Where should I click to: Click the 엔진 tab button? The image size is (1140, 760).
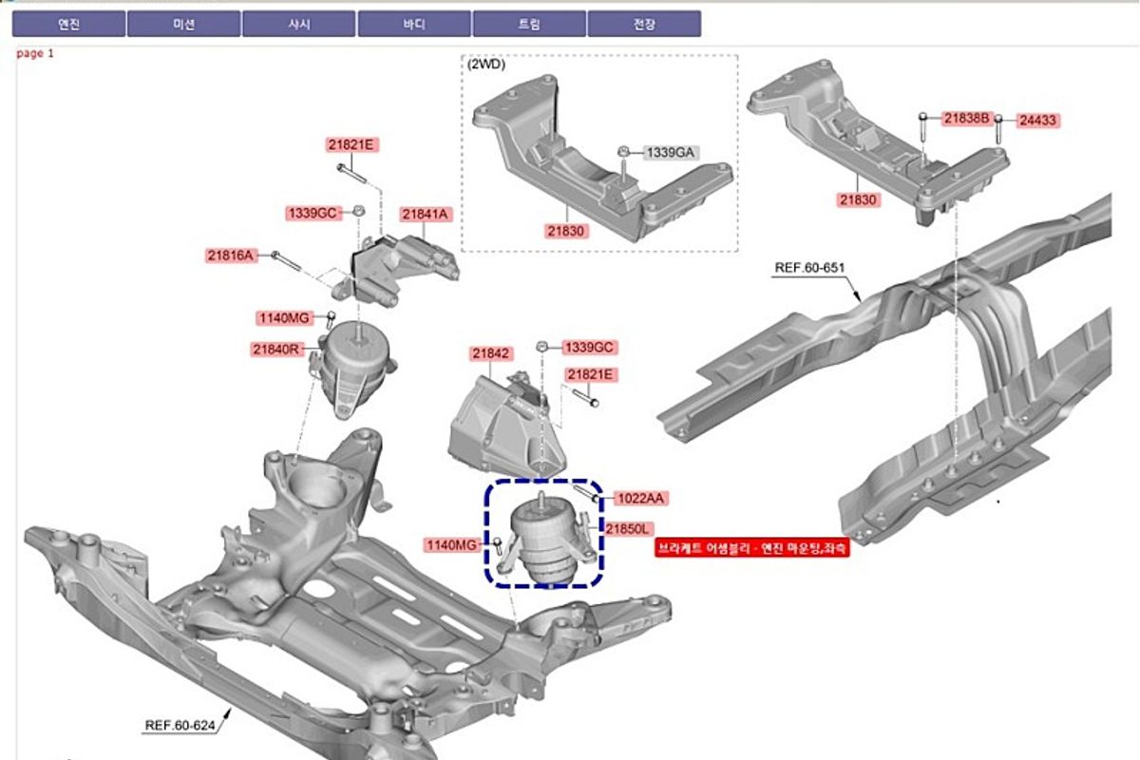coord(68,24)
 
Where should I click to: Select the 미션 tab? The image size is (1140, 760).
coord(183,24)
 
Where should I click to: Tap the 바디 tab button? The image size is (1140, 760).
coord(414,24)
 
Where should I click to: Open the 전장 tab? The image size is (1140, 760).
coord(644,24)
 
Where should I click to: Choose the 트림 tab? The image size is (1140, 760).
coord(529,24)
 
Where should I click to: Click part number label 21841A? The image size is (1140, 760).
coord(425,215)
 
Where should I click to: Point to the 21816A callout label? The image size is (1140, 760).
coord(230,255)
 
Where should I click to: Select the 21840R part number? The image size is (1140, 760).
coord(275,350)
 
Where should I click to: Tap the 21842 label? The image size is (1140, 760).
coord(490,353)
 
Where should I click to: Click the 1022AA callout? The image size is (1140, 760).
coord(640,498)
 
